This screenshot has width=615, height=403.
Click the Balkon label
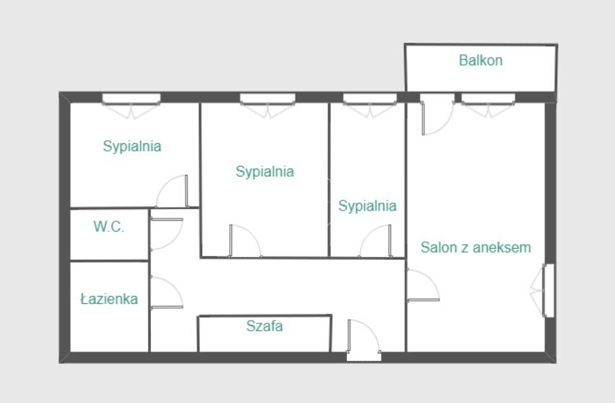[x=481, y=61]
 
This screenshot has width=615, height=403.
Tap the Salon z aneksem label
[x=476, y=247]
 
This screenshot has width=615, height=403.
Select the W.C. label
[x=108, y=226]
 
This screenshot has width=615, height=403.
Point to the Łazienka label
[x=109, y=299]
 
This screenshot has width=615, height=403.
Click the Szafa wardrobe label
[x=265, y=326]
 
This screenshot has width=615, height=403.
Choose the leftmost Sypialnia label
[x=132, y=146]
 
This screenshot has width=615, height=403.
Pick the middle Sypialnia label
[x=265, y=171]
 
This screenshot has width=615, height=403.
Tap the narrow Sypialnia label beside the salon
[x=368, y=205]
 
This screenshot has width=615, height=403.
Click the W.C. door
[x=166, y=234]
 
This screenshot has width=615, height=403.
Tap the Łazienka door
[x=166, y=292]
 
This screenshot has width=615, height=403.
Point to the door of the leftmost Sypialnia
[x=172, y=191]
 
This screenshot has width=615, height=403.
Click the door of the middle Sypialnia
[x=245, y=241]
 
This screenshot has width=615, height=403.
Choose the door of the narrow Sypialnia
[x=375, y=241]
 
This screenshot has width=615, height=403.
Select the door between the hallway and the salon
[x=423, y=286]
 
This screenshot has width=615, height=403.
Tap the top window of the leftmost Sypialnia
[x=132, y=105]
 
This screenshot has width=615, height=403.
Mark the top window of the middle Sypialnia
[x=267, y=105]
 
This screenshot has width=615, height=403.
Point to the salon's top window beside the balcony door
[x=489, y=105]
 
